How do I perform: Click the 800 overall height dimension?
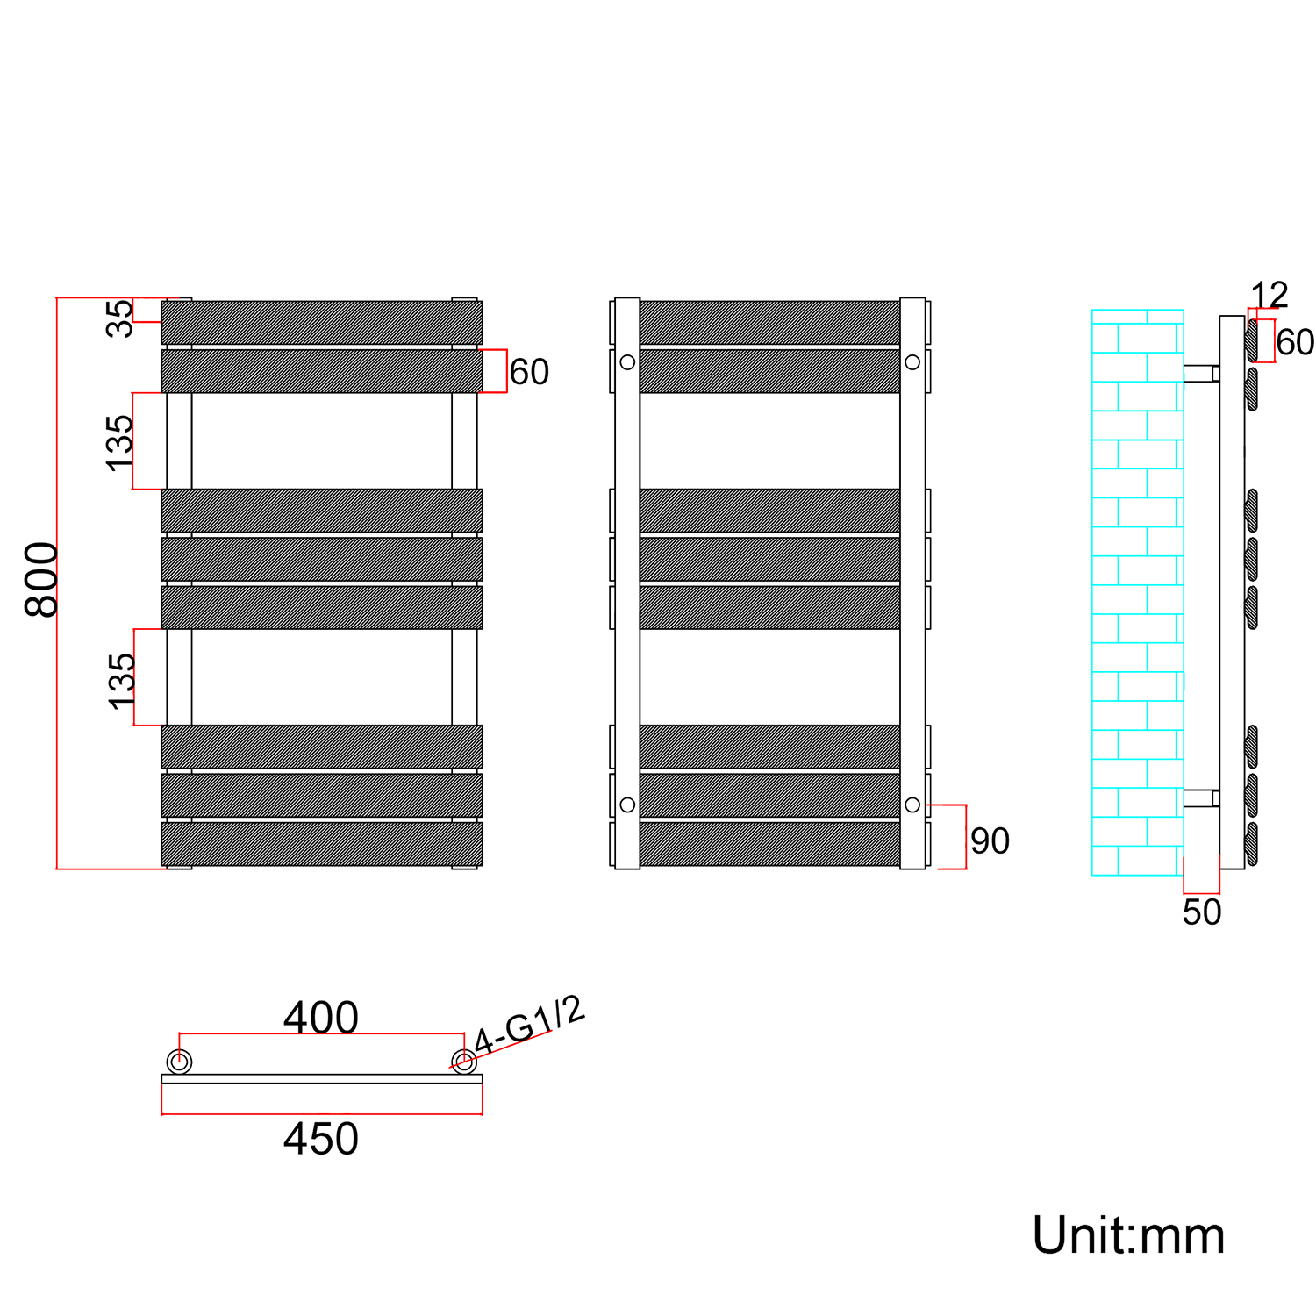pos(41,580)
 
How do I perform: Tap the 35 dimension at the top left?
pos(120,318)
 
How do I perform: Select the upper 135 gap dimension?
pos(119,443)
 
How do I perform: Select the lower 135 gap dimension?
pos(122,681)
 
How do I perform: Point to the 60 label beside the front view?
pos(529,372)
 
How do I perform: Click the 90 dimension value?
pos(990,841)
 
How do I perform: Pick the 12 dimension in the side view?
pos(1269,295)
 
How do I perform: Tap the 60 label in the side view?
pos(1295,342)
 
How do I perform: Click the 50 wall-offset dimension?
pos(1201,912)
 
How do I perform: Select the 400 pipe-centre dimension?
pos(320,1018)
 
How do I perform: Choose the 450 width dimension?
pos(320,1139)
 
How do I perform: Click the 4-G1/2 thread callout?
pos(529,1026)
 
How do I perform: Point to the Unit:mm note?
pos(1128,1236)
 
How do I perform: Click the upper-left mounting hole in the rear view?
pos(627,361)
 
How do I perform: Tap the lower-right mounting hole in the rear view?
pos(912,805)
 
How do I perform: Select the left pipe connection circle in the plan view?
pos(179,1062)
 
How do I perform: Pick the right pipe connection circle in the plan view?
pos(464,1062)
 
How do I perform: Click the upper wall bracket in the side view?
pos(1201,374)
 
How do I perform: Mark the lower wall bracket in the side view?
pos(1201,798)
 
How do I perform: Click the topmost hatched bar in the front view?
pos(322,323)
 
